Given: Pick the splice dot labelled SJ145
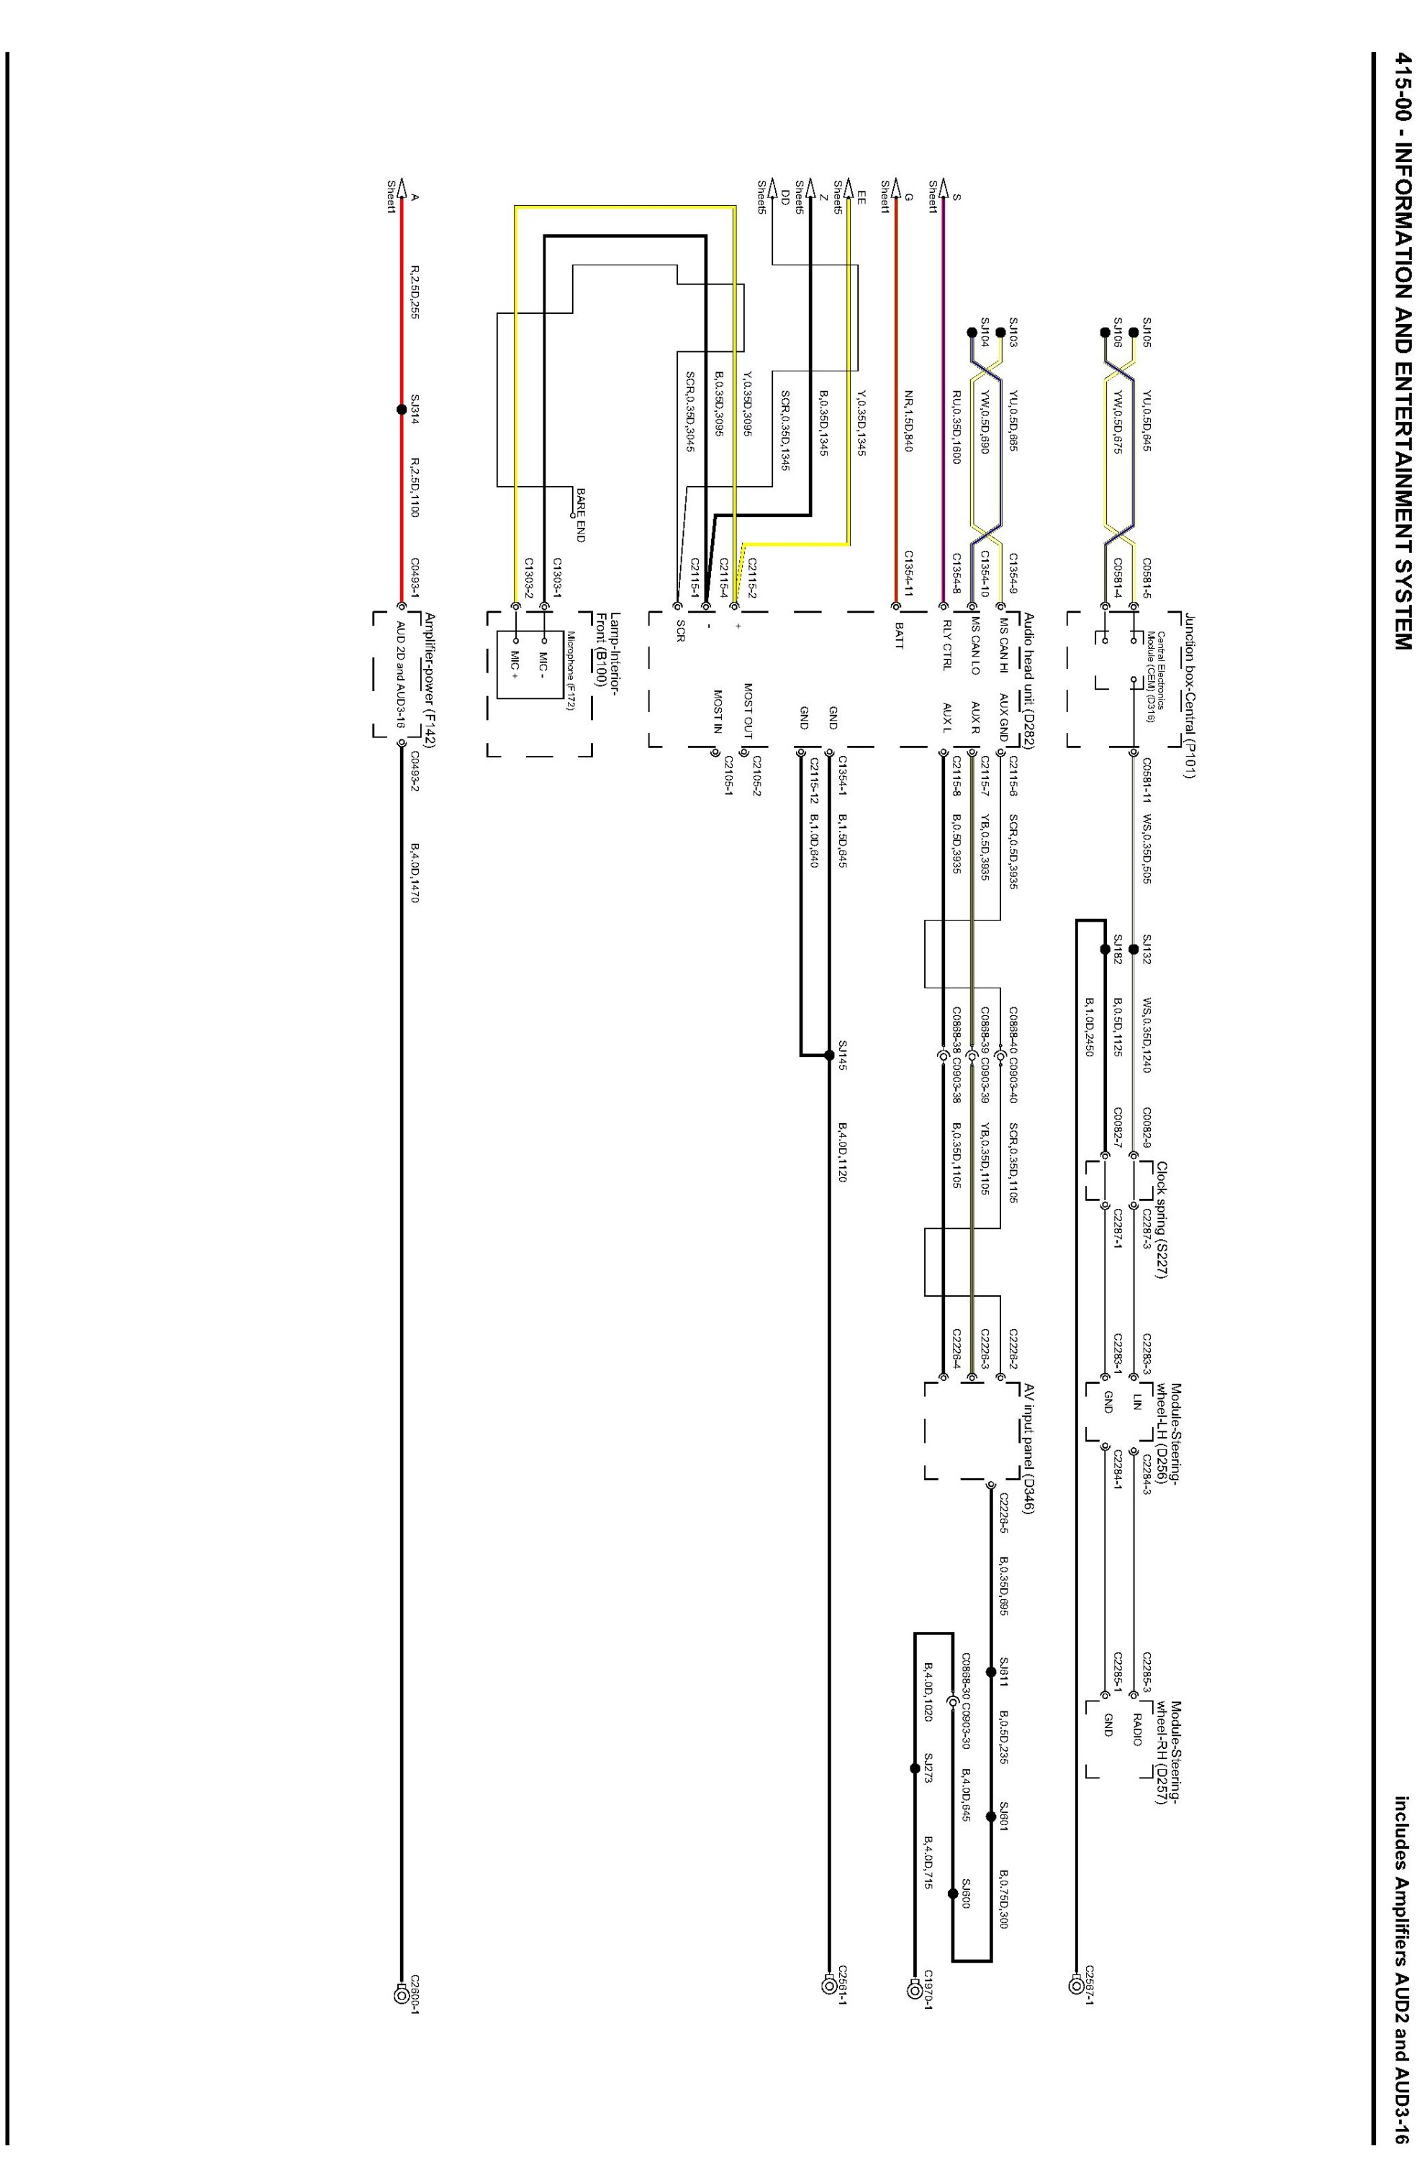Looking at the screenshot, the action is pos(828,1056).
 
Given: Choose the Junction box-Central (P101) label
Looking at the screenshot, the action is pos(1189,696).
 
